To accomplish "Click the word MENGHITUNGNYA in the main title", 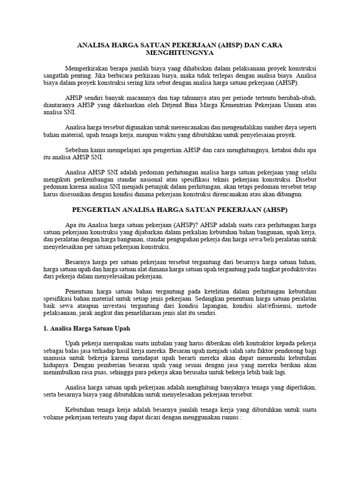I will point(180,53).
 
